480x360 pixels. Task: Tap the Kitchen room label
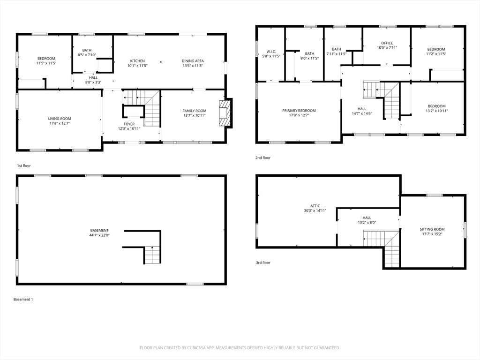click(x=137, y=61)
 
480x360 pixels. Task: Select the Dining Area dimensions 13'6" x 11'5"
click(x=193, y=66)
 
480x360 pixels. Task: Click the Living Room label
click(x=60, y=119)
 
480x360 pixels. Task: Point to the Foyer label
click(x=129, y=124)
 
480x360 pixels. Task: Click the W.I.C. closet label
click(x=271, y=52)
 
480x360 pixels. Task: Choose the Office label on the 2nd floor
click(x=387, y=43)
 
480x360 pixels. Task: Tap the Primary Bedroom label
click(x=299, y=111)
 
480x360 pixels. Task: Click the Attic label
click(x=315, y=206)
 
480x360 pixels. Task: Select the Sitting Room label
click(x=432, y=229)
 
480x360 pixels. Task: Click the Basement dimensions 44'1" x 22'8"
click(x=99, y=235)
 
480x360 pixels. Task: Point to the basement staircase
click(x=152, y=255)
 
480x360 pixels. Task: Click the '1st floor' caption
click(x=24, y=165)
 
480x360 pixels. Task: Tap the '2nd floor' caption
click(x=263, y=157)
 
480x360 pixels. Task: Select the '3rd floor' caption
click(x=263, y=262)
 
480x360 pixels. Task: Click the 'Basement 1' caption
click(x=23, y=300)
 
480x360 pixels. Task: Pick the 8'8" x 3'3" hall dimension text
click(x=93, y=82)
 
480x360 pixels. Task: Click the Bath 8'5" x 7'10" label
click(x=87, y=52)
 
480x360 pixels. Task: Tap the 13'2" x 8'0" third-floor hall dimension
click(x=367, y=223)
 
